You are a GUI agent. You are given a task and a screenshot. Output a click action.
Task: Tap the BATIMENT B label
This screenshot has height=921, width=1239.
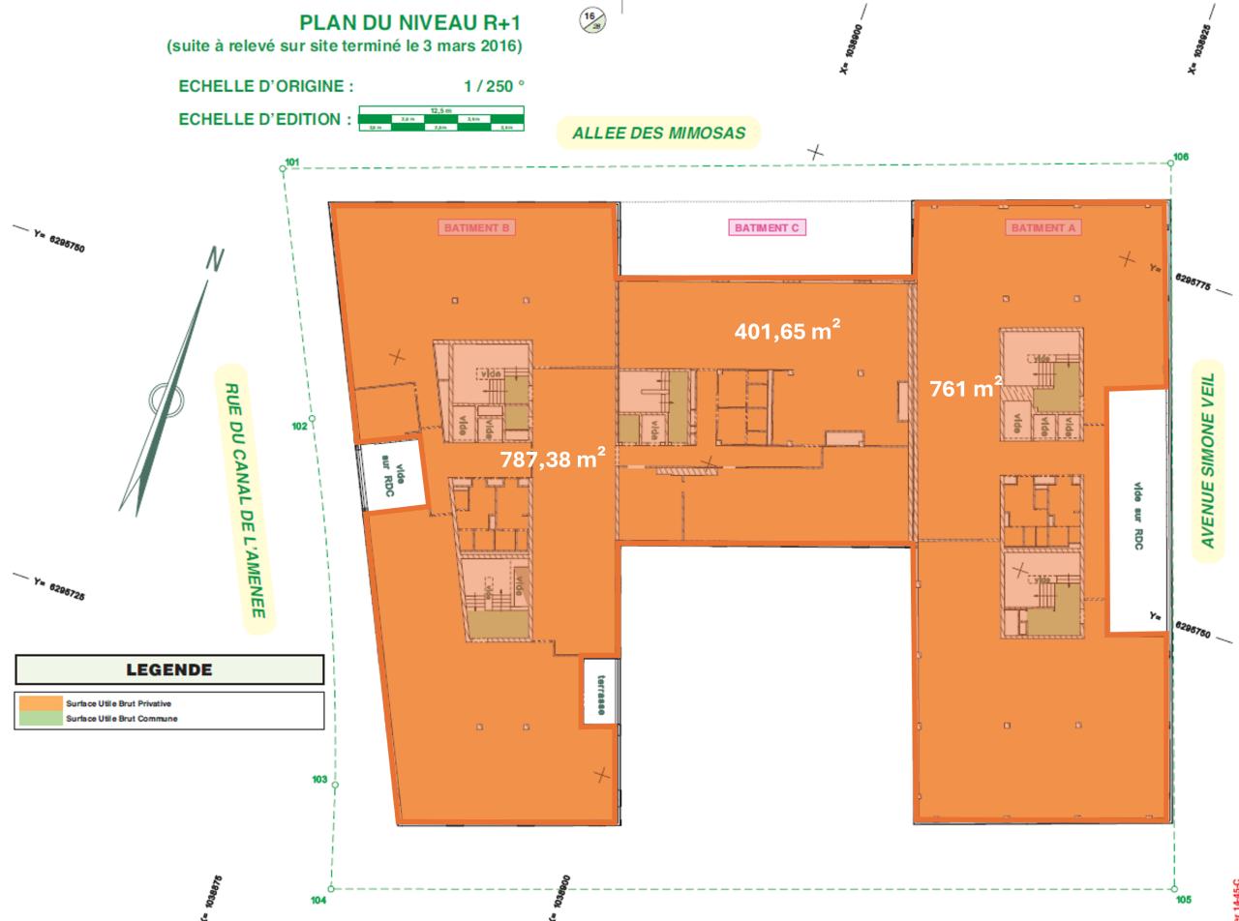pos(477,228)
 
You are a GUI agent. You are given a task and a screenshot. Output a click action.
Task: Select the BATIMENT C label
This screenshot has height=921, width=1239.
pos(767,228)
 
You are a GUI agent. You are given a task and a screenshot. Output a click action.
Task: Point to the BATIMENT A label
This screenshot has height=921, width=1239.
pos(1043,228)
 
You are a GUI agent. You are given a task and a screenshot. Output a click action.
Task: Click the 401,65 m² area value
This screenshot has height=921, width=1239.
pos(786,332)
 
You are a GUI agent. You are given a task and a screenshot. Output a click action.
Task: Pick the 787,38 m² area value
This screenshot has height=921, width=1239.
pos(553,460)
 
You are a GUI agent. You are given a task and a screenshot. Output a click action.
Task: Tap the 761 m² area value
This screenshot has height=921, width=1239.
pos(965,389)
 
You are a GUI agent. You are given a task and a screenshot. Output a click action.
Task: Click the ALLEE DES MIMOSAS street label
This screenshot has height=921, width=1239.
pos(658,134)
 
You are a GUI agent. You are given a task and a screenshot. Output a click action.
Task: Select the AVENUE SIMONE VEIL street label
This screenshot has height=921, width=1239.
pos(1207,460)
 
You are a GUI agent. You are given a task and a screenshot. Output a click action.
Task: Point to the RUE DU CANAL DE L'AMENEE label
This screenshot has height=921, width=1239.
pos(244,499)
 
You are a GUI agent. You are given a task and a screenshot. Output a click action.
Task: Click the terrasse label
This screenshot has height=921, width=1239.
pos(600,696)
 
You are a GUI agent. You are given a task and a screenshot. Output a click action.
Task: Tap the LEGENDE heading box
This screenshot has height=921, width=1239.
pos(169,669)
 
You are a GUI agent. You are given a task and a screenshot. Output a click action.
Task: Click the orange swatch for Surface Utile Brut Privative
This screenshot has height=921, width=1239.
pos(40,703)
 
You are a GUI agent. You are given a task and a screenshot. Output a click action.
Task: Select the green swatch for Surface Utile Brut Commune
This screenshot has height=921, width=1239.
pos(40,719)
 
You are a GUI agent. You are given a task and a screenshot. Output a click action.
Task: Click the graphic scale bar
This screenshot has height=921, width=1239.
pos(440,120)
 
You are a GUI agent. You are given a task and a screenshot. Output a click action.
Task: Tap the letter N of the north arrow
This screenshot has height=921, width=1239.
pos(215,259)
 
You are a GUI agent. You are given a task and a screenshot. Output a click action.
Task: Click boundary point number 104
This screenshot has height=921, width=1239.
pos(318,901)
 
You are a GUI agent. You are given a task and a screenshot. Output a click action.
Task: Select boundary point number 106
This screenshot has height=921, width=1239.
pos(1180,157)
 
